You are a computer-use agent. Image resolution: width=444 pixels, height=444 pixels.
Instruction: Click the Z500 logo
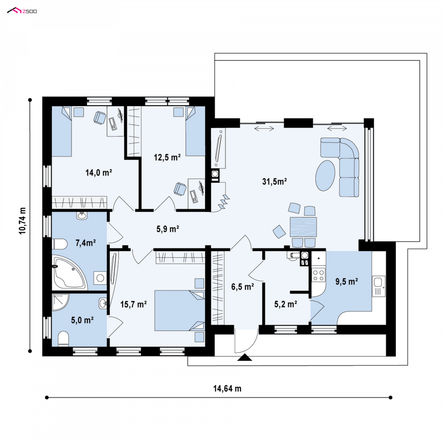click(22, 11)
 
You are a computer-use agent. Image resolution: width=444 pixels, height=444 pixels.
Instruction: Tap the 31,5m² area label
click(275, 182)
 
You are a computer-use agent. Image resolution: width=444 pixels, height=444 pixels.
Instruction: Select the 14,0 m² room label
click(99, 172)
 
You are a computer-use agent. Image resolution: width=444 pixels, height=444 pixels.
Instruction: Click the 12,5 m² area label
click(167, 157)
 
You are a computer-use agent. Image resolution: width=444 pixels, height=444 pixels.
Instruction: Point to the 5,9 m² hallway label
click(168, 229)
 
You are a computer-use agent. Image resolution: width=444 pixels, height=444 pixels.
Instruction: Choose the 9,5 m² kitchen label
click(347, 282)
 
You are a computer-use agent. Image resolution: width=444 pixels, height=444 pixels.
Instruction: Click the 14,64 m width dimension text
click(227, 389)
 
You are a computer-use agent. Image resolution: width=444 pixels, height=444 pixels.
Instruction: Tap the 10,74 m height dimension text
click(23, 221)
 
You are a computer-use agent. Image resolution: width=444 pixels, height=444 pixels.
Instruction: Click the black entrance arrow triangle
click(245, 357)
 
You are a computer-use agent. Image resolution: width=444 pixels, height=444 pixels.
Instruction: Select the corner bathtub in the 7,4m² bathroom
click(69, 273)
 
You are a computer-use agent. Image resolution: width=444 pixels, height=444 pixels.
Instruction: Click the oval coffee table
click(325, 176)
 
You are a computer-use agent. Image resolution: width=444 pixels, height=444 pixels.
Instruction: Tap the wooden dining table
click(303, 227)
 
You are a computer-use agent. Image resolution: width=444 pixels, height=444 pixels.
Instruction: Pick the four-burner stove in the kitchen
click(319, 275)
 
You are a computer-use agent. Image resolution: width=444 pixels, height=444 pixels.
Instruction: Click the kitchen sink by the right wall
click(379, 286)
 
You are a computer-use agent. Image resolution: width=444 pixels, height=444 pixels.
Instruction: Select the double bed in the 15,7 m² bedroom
click(179, 310)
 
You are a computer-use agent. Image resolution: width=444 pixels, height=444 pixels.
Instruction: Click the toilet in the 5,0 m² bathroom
click(63, 339)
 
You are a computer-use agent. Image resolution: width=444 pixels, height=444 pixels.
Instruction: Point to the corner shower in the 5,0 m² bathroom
click(60, 302)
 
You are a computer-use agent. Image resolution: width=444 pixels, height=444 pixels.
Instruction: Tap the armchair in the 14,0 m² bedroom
click(100, 118)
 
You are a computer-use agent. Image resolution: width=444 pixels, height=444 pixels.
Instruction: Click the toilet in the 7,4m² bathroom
click(60, 244)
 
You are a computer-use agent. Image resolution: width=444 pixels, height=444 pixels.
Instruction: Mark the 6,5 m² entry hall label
click(243, 287)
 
